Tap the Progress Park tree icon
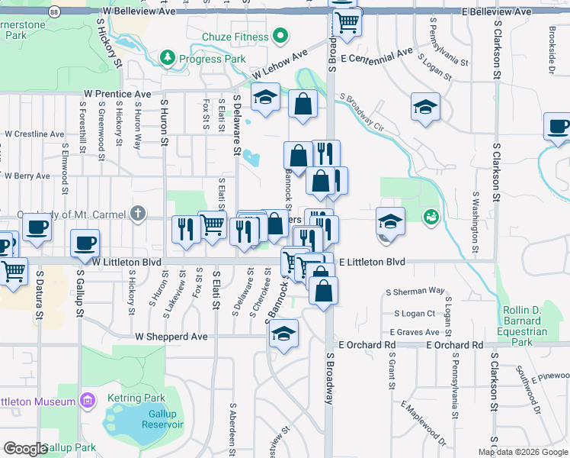(167, 58)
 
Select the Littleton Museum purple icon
(87, 401)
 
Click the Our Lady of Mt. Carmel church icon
(137, 214)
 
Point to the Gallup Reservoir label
(162, 418)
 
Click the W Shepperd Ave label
(171, 336)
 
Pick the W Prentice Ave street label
(117, 94)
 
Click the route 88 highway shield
(53, 12)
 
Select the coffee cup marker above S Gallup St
(85, 244)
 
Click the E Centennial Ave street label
(376, 56)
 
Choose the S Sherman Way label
(415, 291)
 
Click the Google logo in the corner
(25, 449)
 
